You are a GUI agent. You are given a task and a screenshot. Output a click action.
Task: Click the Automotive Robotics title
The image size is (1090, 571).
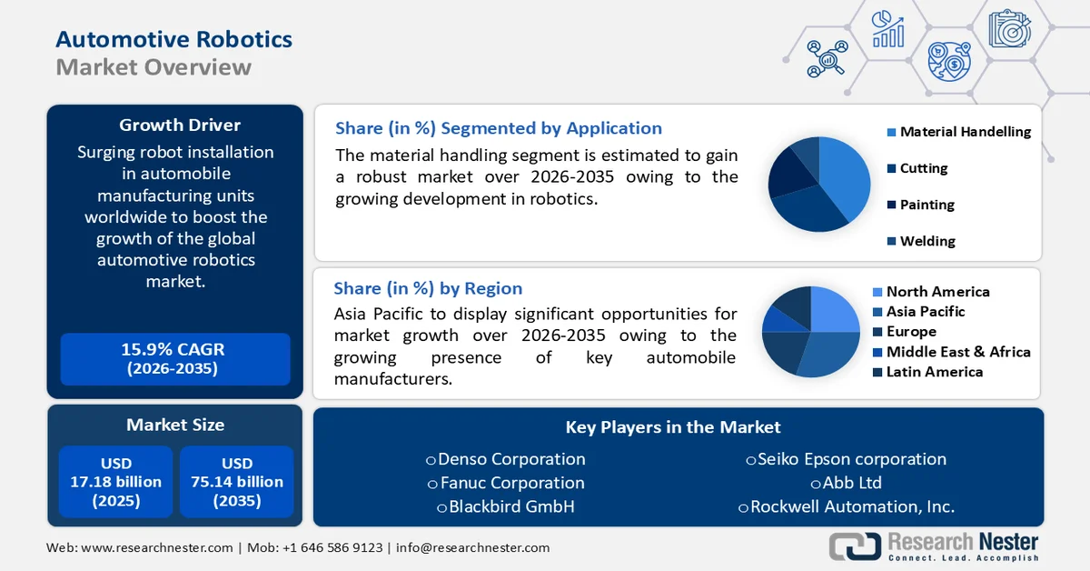[x=173, y=39]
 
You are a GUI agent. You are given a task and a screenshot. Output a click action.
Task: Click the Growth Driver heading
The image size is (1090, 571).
[x=179, y=125]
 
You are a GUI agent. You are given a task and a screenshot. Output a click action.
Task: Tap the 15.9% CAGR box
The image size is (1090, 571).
[x=173, y=358]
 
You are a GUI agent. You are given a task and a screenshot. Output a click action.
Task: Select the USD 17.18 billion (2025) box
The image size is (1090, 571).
[x=115, y=482]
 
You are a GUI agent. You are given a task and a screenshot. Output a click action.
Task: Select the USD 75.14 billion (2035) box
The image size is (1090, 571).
[x=236, y=482]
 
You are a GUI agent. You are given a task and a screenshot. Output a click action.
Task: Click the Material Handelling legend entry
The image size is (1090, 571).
[x=965, y=132]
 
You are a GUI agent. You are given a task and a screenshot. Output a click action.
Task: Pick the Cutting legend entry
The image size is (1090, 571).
[x=923, y=168]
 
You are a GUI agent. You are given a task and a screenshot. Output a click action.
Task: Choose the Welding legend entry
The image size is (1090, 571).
[x=926, y=241]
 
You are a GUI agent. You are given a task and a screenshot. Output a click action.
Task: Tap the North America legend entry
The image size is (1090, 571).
[x=937, y=292]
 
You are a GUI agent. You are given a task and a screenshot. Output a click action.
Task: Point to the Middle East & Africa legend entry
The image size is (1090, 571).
[x=957, y=352]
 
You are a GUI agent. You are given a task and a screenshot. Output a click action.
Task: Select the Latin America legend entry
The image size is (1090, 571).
[x=934, y=372]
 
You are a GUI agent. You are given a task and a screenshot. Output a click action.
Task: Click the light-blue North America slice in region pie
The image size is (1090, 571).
[x=832, y=310]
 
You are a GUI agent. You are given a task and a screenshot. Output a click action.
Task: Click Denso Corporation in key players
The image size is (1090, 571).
[x=511, y=459]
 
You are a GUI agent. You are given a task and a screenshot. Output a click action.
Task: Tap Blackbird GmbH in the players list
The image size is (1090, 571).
[x=511, y=506]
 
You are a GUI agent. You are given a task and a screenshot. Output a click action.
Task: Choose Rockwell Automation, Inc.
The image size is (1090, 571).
[x=851, y=506]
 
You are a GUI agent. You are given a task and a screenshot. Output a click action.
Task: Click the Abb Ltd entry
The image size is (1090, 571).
[x=851, y=483]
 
